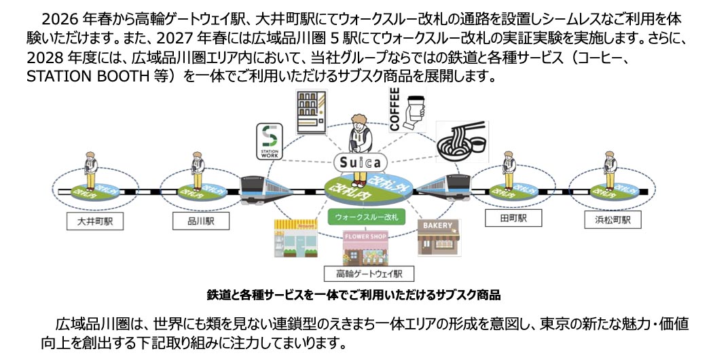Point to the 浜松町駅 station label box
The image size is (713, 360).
[608, 220]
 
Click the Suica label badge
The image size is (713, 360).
[360, 163]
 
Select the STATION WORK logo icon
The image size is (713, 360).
[269, 141]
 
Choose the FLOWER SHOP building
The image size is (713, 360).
[366, 249]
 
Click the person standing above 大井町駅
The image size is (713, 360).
[90, 169]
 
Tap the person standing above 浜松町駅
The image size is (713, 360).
[609, 169]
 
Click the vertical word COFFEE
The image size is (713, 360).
[395, 108]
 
